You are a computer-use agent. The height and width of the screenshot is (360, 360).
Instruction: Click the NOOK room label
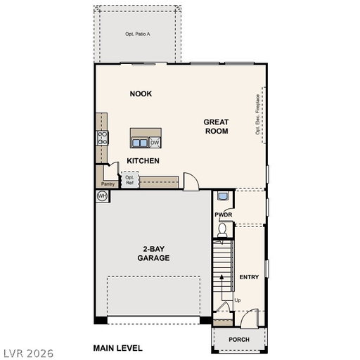coord(141,94)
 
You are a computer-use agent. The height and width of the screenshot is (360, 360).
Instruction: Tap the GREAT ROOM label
coord(216,127)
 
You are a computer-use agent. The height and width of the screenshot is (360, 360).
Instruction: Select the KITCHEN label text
coord(143,161)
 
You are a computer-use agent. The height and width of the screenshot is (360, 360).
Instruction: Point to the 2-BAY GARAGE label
coord(153,253)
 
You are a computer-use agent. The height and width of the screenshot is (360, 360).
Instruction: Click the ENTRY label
coord(249,277)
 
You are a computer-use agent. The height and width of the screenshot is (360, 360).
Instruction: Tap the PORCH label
coord(239,340)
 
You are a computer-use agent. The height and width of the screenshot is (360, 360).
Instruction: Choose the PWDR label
coord(224,214)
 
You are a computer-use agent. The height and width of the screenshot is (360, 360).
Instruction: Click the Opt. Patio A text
coord(138,34)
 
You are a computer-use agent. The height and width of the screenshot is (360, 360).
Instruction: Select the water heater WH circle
coord(102,196)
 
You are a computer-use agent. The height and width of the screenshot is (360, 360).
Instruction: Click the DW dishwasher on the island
coord(155,143)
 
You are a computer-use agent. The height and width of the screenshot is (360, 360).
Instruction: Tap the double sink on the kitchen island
coord(140,143)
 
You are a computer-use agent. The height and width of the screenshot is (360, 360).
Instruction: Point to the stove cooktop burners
coord(103,138)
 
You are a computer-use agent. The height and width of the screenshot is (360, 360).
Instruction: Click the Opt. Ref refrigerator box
coord(130,180)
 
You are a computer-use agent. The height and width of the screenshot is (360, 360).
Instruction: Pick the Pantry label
coord(108,184)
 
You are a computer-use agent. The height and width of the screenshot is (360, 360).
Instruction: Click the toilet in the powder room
coord(222,230)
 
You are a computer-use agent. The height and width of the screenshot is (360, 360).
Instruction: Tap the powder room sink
coord(222,196)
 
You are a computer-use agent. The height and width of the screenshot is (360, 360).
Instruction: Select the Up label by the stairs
coord(238,300)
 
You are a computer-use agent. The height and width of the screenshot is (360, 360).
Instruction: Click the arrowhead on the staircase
coord(221,277)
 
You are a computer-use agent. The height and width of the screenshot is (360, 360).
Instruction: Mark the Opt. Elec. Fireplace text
coord(258,115)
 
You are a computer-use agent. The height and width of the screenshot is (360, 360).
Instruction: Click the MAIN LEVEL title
coord(118,348)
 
